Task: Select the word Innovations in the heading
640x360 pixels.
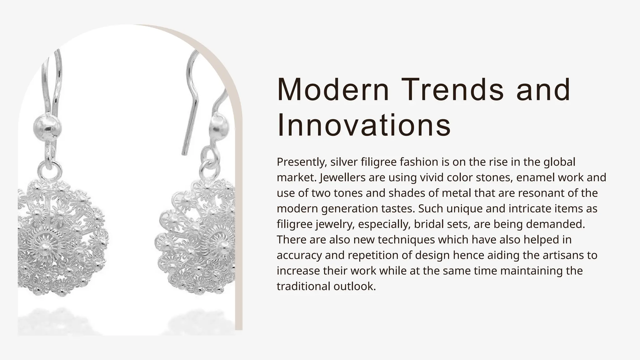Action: (x=364, y=126)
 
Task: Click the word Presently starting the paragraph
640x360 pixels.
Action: (x=302, y=162)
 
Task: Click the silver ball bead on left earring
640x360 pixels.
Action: (x=47, y=128)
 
